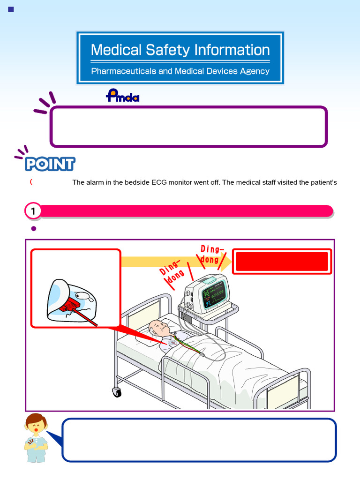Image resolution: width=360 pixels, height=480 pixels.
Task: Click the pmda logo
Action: pyautogui.click(x=122, y=96)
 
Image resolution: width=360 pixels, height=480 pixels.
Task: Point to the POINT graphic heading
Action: pyautogui.click(x=50, y=164)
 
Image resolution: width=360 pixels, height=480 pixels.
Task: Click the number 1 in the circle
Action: pyautogui.click(x=33, y=211)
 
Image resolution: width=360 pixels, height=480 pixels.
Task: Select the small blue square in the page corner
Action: pyautogui.click(x=11, y=9)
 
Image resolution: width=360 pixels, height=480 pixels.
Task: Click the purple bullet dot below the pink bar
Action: pyautogui.click(x=33, y=229)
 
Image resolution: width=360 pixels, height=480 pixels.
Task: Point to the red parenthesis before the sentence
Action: pyautogui.click(x=31, y=182)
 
